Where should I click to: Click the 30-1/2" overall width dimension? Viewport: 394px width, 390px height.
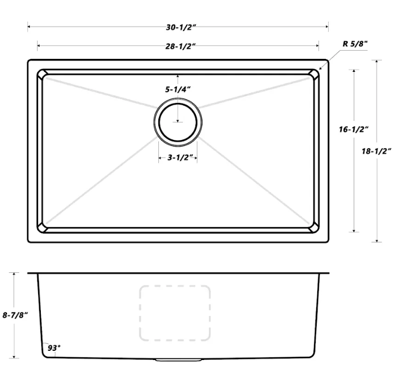[177, 26]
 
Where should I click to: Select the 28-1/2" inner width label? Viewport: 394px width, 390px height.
[178, 46]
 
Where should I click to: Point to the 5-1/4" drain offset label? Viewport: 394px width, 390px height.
[178, 89]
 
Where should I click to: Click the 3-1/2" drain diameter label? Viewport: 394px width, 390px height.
[178, 158]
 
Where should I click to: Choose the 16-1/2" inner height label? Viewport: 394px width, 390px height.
[353, 129]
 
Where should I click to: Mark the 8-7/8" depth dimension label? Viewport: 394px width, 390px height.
[15, 315]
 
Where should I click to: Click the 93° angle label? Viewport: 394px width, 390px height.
[54, 347]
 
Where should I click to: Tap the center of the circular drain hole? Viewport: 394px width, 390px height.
[178, 121]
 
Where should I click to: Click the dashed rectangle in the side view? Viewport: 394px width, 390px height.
[175, 313]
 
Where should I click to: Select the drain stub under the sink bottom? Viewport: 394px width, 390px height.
[177, 360]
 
